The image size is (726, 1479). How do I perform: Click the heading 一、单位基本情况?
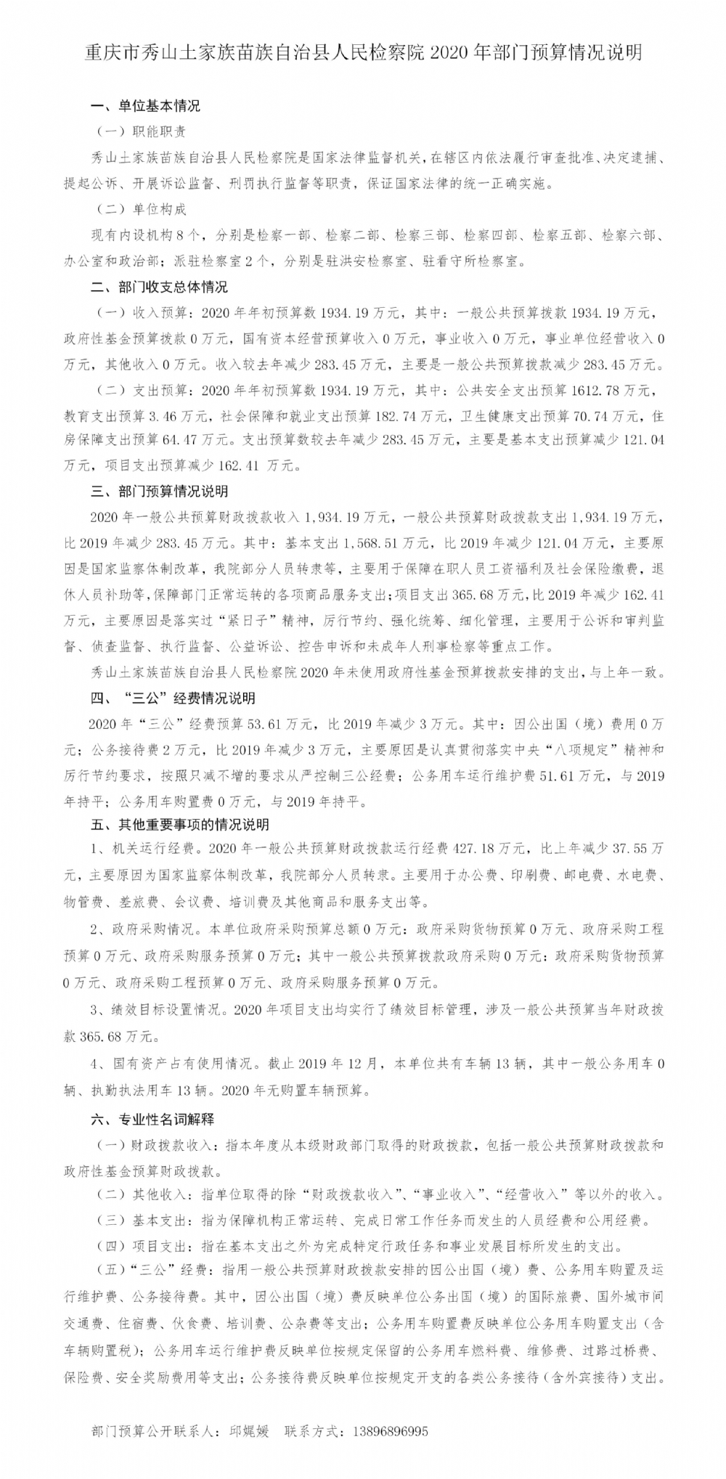[x=145, y=106]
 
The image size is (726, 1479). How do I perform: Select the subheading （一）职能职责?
[x=141, y=131]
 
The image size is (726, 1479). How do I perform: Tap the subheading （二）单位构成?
[x=141, y=209]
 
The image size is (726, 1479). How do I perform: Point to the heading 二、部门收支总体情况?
[x=159, y=287]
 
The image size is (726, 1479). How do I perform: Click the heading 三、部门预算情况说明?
[x=159, y=492]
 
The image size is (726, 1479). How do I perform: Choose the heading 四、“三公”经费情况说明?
[x=173, y=698]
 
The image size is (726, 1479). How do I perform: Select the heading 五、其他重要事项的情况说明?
[x=180, y=825]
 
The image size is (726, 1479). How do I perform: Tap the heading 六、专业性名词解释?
[x=152, y=1120]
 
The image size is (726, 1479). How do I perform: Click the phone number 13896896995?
[x=390, y=1432]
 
